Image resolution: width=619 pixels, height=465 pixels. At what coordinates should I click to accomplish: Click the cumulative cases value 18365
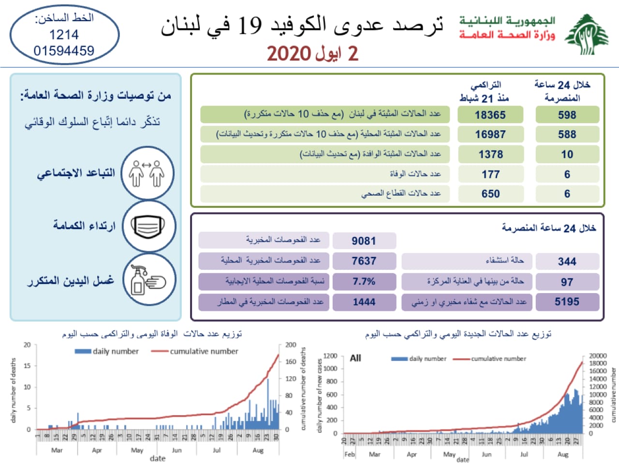pos(490,115)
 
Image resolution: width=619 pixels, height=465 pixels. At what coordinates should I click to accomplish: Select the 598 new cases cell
pos(567,115)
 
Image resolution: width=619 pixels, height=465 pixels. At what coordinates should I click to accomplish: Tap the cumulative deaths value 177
pos(490,174)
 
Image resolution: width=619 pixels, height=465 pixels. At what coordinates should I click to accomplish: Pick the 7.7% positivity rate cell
pos(364,281)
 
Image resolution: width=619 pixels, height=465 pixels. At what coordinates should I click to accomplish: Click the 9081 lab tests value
pos(364,241)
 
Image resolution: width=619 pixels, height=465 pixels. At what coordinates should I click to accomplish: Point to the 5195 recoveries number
pos(567,302)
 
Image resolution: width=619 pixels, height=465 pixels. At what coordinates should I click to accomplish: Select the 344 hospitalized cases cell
pos(567,262)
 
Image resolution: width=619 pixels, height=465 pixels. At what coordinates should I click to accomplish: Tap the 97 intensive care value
pos(567,282)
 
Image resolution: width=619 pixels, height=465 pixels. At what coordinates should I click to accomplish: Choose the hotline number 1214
pos(64,34)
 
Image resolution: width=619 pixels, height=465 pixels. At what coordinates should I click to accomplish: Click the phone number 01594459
pos(64,50)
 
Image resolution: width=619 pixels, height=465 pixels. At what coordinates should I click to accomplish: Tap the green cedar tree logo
pos(587,34)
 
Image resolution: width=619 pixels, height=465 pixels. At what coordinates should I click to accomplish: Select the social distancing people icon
pos(147,173)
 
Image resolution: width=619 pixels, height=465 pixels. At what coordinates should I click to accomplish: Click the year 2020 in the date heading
pos(289,53)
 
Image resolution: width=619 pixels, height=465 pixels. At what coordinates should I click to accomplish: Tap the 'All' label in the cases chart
pos(355,358)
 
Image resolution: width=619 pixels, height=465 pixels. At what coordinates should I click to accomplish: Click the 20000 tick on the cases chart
pos(598,356)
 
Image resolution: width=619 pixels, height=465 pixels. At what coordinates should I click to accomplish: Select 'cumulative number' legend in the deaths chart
pos(204,351)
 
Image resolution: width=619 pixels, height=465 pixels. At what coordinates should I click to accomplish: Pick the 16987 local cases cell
pos(490,135)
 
